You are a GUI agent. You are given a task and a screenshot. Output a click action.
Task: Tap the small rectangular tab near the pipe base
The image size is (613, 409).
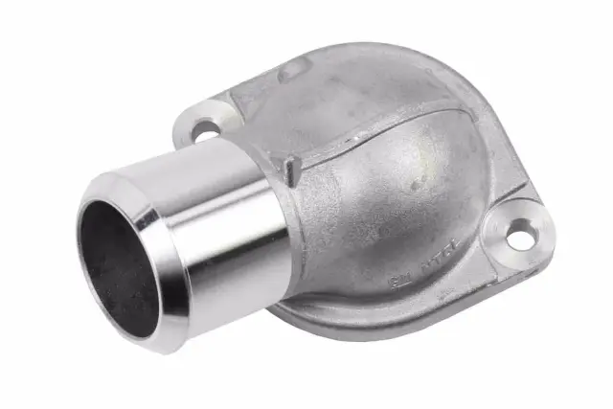click(290, 170)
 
